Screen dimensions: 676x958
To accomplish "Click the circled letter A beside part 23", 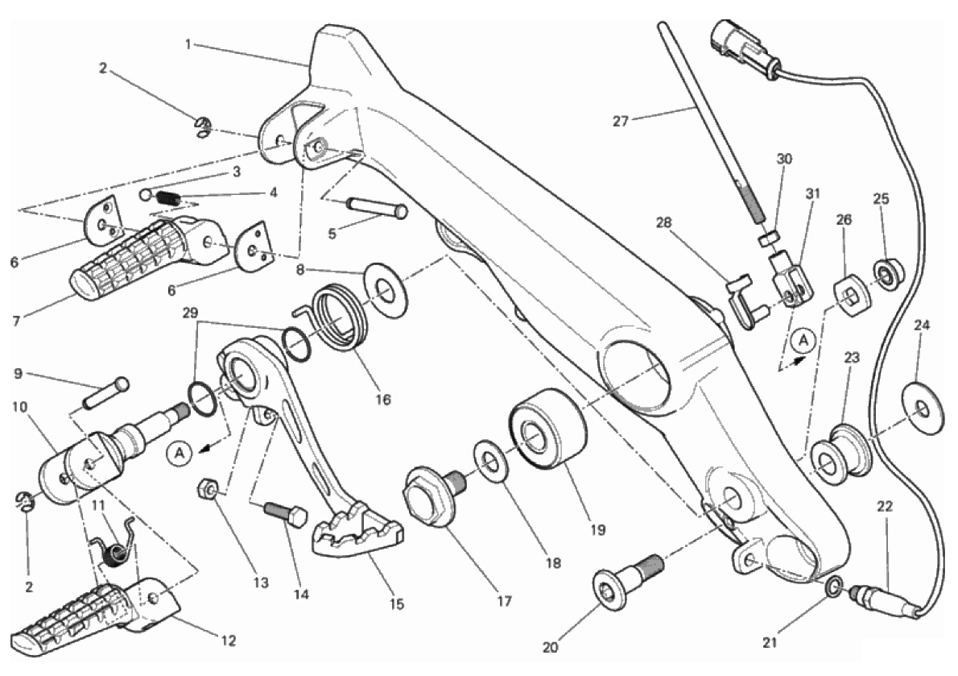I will point(802,342).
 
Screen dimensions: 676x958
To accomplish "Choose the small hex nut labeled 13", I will point(206,488).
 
